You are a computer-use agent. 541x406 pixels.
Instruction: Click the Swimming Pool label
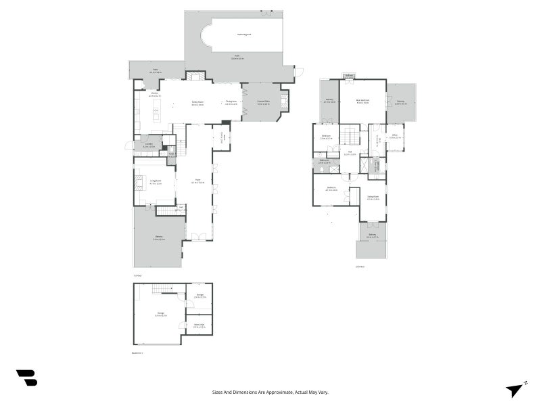pyautogui.click(x=243, y=34)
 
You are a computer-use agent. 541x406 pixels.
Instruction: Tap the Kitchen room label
pyautogui.click(x=154, y=95)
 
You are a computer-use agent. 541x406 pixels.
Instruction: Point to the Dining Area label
pyautogui.click(x=231, y=103)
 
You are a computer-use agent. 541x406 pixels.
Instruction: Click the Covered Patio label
pyautogui.click(x=264, y=103)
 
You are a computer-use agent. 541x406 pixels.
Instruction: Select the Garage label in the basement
pyautogui.click(x=161, y=314)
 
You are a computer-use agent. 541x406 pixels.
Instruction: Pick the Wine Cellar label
pyautogui.click(x=199, y=326)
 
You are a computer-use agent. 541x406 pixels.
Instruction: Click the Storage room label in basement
pyautogui.click(x=200, y=296)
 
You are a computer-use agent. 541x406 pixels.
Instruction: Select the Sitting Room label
pyautogui.click(x=373, y=198)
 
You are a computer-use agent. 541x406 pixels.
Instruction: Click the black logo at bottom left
pyautogui.click(x=26, y=378)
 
